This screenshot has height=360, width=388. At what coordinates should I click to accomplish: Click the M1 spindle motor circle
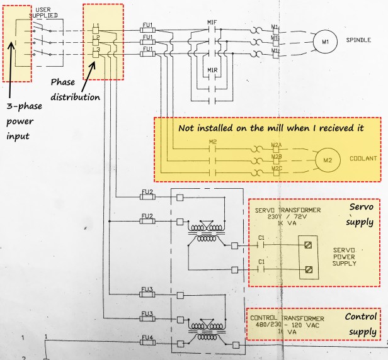(326, 42)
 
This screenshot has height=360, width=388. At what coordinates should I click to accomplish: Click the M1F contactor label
(212, 23)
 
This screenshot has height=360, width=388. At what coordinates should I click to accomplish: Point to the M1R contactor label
(212, 69)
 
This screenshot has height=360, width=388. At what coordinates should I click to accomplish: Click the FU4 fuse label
(147, 337)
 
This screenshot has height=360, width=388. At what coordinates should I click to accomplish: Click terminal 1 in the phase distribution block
(96, 29)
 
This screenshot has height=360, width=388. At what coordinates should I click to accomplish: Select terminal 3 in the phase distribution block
(96, 55)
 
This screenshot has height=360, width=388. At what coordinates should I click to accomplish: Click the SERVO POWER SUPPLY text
(345, 256)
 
